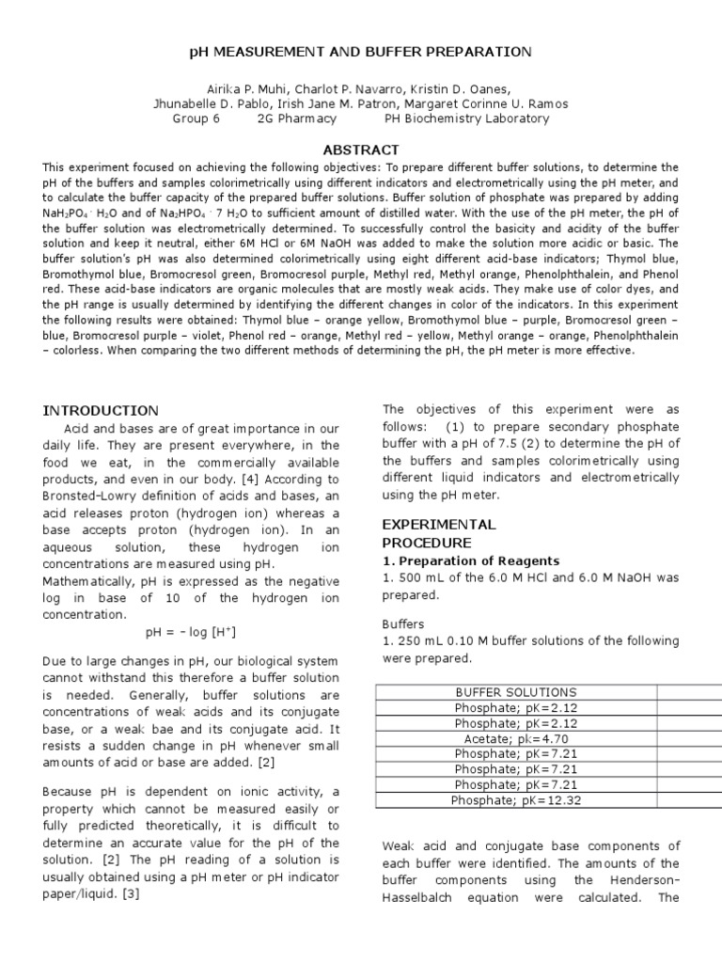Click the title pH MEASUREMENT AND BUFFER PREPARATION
click(361, 51)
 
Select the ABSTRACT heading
click(361, 150)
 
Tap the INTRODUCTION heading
click(101, 410)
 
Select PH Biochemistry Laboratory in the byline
click(467, 118)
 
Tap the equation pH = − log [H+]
click(191, 632)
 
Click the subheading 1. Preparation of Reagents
click(470, 560)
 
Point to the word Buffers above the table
click(402, 624)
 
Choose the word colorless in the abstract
click(83, 350)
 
